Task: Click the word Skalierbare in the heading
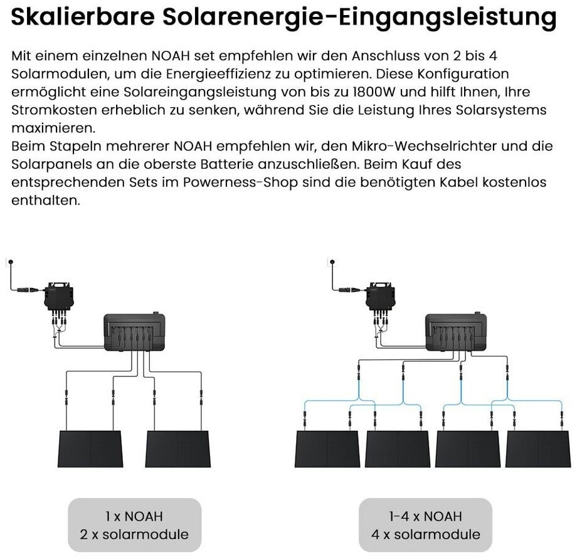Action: tap(83, 16)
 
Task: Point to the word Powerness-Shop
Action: tap(240, 183)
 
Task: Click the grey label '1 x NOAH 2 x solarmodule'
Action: tap(134, 525)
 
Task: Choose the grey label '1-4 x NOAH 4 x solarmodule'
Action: tap(425, 525)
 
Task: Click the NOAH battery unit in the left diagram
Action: tap(134, 332)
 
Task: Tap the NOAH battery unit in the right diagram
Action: tap(456, 332)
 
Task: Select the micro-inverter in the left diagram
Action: tap(59, 297)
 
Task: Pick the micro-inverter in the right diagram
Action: tap(381, 297)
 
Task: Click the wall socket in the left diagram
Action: tap(10, 262)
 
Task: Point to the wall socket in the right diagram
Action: tap(332, 262)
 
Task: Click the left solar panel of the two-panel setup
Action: tap(90, 448)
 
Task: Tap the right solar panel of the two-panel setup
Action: tap(178, 448)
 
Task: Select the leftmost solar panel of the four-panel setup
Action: tap(327, 448)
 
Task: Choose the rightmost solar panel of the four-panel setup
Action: tap(538, 448)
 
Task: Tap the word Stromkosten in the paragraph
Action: tap(53, 110)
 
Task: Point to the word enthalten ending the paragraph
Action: tap(46, 200)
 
